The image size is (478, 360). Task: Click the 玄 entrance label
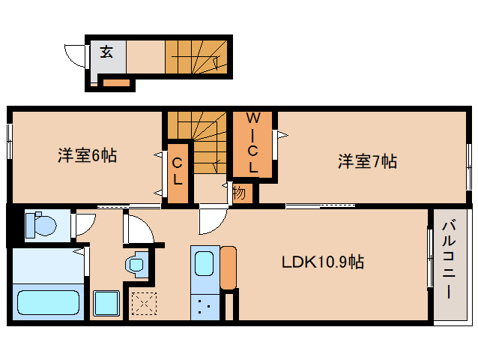coord(107,52)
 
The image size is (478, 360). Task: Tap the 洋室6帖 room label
coord(88,156)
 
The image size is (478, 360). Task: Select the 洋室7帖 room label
coord(366,161)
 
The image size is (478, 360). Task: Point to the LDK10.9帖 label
coord(323,262)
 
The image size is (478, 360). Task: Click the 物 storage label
coord(239,192)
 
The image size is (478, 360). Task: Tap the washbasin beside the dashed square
coord(136,264)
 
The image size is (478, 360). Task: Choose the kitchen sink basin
coord(205,264)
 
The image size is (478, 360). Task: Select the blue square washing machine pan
coord(106,304)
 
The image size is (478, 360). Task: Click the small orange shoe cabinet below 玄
coord(117,82)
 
